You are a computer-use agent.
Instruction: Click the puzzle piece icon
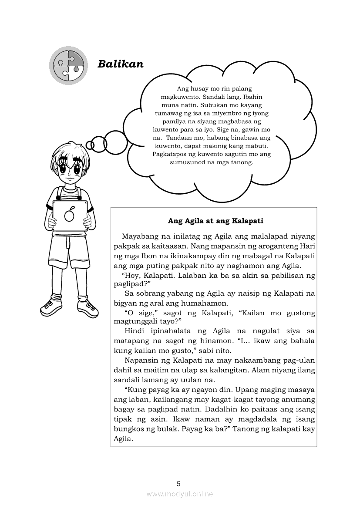point(67,65)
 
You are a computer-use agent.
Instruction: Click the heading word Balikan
point(121,64)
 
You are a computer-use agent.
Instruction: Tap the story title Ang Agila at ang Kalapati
point(215,221)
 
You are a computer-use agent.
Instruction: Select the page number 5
point(178,483)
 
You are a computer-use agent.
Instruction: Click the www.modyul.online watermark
point(180,494)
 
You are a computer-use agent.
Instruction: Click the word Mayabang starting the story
point(140,236)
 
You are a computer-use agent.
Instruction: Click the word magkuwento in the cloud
point(178,96)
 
